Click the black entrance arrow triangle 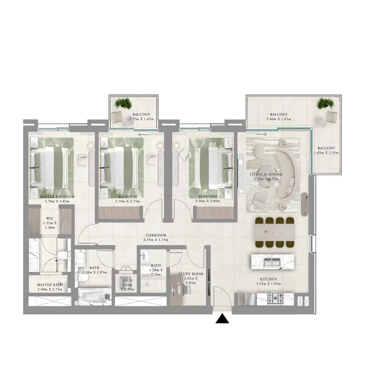(x=223, y=319)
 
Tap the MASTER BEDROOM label (x=57, y=197)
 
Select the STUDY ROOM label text (x=191, y=274)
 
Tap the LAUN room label (x=128, y=280)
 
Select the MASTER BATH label (x=49, y=284)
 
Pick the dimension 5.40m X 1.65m (x=279, y=119)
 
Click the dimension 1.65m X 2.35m (x=326, y=153)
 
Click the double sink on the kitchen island (x=272, y=262)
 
